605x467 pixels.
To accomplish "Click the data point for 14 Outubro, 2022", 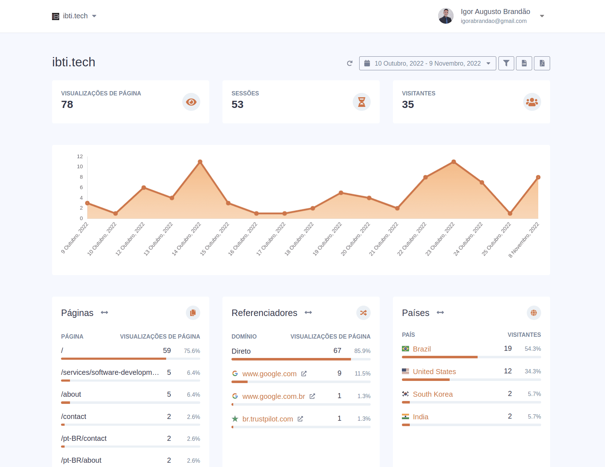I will pos(200,162).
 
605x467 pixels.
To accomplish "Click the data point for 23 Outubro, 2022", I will pos(454,162).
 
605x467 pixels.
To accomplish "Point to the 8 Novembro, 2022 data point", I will pos(538,177).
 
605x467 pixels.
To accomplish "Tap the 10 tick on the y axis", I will pos(80,166).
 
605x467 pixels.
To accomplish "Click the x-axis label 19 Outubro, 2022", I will pos(327,239).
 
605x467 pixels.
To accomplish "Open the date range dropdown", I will pos(427,63).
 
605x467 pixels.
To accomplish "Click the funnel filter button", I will pos(506,63).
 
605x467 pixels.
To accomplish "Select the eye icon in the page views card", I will pos(191,102).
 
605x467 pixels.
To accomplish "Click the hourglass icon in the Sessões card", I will pos(361,102).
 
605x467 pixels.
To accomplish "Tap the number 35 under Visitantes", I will pos(408,104).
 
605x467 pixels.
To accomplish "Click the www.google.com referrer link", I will pos(269,374).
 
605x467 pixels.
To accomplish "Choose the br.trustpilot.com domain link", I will pos(267,419).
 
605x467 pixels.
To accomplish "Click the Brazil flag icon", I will pos(405,349).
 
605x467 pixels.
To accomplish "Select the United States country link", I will pos(434,372).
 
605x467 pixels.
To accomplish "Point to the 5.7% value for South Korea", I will pos(534,394).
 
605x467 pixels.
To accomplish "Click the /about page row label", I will pos(71,394).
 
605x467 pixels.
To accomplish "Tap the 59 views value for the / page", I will pos(167,350).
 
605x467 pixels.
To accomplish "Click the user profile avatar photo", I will pos(446,16).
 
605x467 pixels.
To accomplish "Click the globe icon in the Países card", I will pos(534,313).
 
